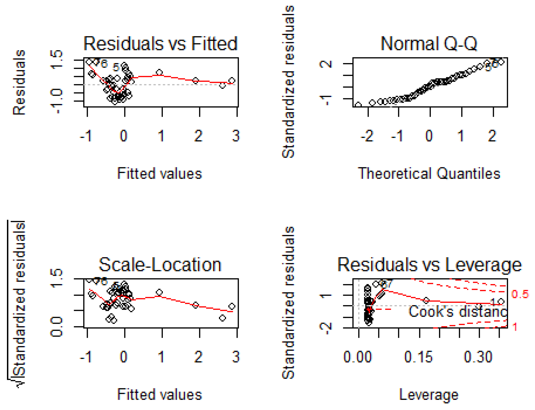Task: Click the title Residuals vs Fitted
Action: click(160, 44)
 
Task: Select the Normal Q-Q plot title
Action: click(429, 44)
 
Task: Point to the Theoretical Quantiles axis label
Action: click(429, 174)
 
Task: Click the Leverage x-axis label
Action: click(429, 395)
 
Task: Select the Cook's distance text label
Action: click(458, 312)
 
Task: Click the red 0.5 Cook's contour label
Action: click(520, 294)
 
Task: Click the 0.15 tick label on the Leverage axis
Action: click(418, 357)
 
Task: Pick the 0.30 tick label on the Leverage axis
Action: click(478, 357)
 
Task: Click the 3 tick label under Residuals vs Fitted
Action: click(236, 136)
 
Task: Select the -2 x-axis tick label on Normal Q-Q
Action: click(367, 136)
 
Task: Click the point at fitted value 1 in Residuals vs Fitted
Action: click(159, 72)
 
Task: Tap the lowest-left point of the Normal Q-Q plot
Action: click(358, 105)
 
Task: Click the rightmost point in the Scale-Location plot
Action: click(232, 306)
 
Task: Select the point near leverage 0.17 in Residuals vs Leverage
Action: click(426, 300)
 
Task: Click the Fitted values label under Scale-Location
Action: click(159, 395)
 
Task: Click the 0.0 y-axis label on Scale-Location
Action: click(56, 327)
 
